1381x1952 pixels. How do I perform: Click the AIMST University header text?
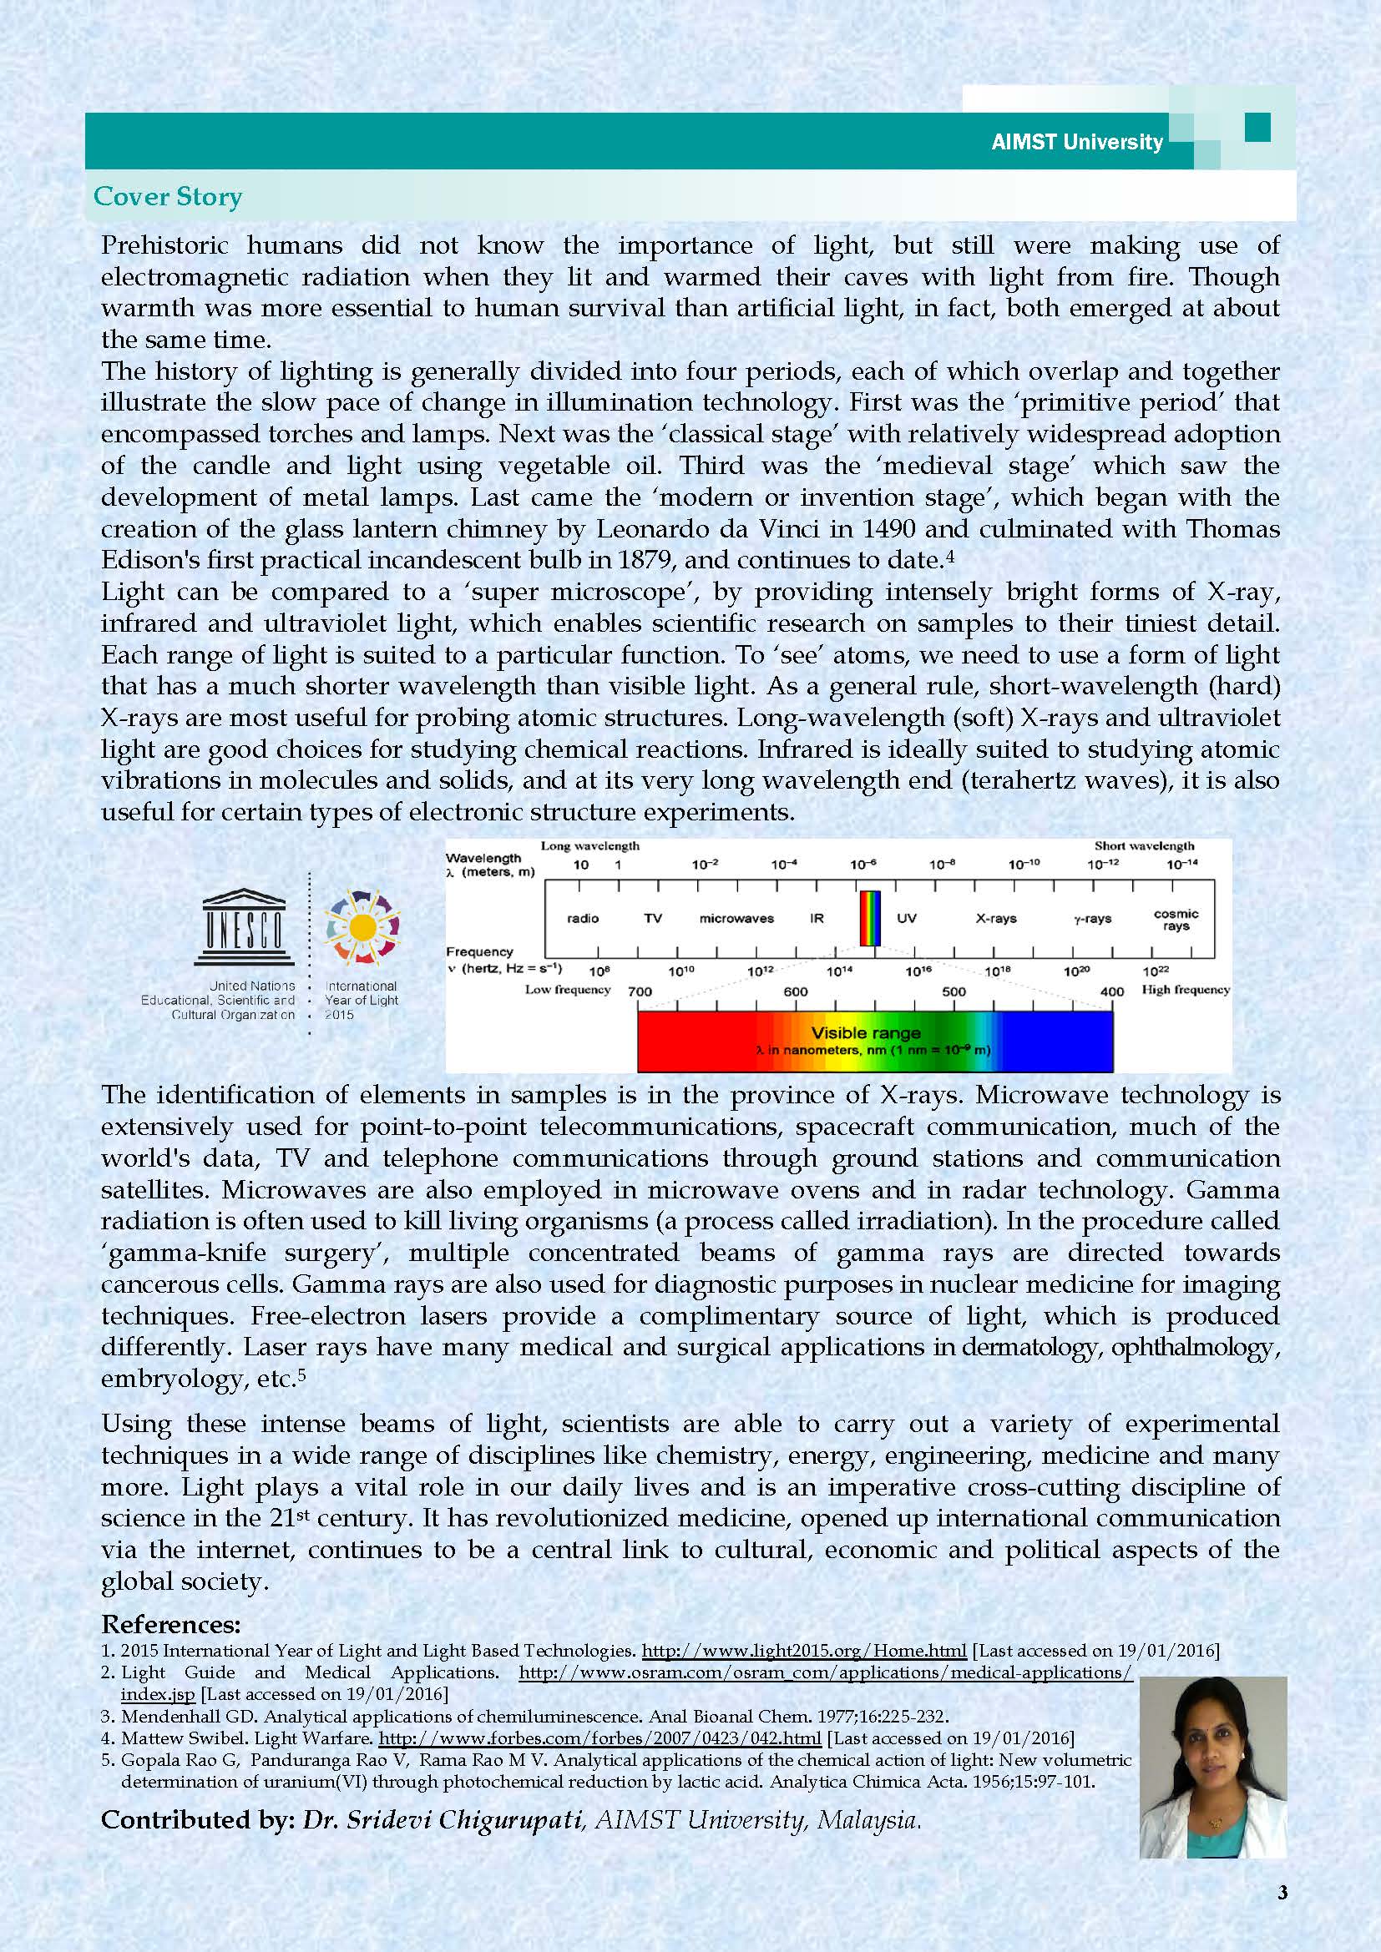click(1076, 141)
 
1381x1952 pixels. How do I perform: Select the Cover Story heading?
click(168, 196)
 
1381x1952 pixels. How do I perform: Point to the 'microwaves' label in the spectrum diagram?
click(736, 918)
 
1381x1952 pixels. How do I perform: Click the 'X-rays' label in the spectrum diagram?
click(996, 918)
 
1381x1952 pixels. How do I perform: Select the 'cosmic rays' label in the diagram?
click(1176, 919)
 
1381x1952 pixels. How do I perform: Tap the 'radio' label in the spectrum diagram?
click(583, 918)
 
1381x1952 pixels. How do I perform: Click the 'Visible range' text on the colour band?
click(866, 1033)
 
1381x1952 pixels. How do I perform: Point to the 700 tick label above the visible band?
click(640, 991)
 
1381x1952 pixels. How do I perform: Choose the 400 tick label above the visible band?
click(1111, 991)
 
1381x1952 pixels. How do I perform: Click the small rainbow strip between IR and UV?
click(869, 918)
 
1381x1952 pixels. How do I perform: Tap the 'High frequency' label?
click(1186, 990)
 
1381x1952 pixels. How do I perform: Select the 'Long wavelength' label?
click(590, 846)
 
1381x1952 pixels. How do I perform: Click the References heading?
click(171, 1625)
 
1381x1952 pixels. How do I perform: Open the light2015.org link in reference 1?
click(803, 1651)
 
